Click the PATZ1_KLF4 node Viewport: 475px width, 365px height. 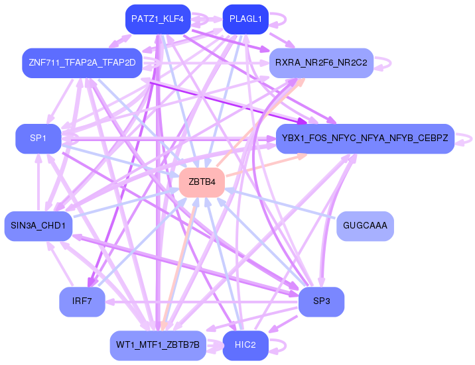point(158,19)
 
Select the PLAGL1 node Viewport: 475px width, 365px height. point(245,19)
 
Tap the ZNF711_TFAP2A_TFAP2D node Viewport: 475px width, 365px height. point(82,63)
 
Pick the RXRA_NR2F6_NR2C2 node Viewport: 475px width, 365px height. point(321,63)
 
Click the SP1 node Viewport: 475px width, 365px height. point(38,138)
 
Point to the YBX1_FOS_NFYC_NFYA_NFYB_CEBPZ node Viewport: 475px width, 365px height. point(365,138)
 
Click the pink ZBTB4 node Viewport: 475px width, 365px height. point(202,182)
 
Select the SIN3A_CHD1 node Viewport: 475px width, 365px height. point(38,226)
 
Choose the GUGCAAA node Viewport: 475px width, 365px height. point(365,226)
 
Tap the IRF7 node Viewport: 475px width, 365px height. point(82,301)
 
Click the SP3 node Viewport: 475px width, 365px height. point(321,301)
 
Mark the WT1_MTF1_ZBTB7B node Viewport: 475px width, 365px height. point(158,345)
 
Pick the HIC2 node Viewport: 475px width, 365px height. point(245,345)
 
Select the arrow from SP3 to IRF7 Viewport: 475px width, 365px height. point(202,302)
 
